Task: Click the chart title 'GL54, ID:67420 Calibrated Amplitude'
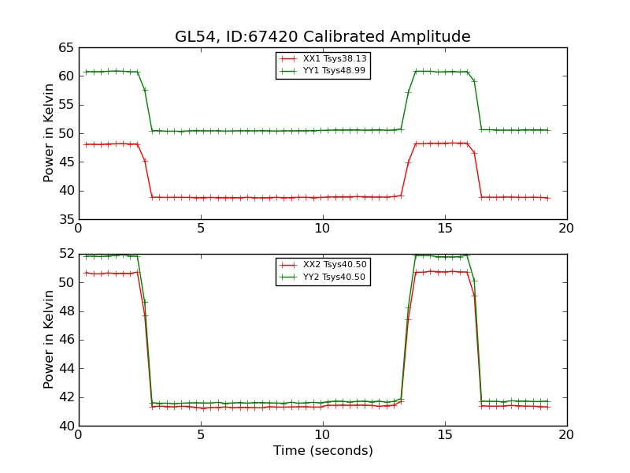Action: [322, 37]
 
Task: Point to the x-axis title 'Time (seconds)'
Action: [323, 451]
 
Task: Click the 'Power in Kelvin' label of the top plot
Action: [49, 133]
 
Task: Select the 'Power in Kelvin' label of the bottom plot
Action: [49, 339]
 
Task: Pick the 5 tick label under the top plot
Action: [201, 229]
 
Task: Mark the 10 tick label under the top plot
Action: [322, 229]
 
